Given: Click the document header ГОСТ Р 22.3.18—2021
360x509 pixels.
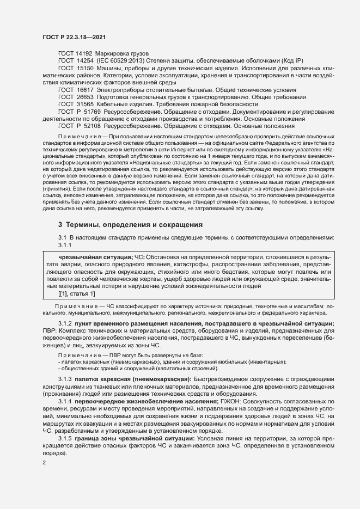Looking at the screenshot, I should (x=74, y=36).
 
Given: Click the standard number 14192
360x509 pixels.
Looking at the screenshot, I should (x=84, y=53).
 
